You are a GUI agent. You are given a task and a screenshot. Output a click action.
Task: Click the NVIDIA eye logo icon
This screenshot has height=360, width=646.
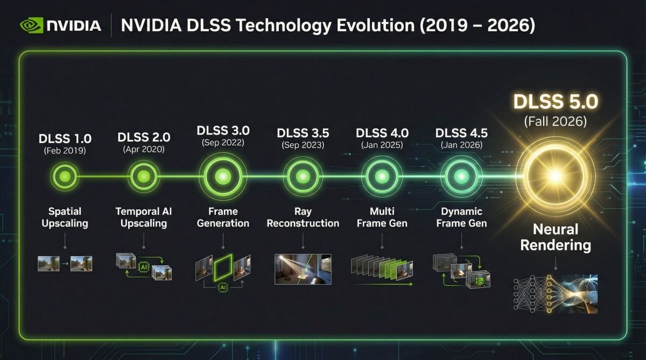(x=31, y=25)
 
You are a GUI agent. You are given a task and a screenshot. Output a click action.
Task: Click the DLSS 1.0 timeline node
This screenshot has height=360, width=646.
(x=65, y=177)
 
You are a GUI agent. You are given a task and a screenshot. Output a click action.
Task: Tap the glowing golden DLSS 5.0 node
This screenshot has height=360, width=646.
(x=556, y=176)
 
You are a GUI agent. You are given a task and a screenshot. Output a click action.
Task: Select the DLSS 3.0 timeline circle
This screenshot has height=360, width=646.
(x=223, y=177)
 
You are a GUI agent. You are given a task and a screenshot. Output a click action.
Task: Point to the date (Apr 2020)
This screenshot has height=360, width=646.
(x=144, y=149)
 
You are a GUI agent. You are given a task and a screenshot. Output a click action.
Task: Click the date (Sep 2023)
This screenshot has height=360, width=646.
(x=303, y=145)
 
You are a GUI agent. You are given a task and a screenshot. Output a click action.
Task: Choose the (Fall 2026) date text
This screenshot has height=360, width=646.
(x=556, y=121)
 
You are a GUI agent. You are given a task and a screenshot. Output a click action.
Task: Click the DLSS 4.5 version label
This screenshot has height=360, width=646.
(x=461, y=133)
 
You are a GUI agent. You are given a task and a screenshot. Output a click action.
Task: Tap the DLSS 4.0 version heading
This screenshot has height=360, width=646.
(x=382, y=133)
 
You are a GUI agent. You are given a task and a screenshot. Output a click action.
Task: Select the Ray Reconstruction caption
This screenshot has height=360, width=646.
(x=303, y=217)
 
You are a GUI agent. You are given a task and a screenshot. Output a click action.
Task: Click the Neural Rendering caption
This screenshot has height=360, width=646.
(x=556, y=237)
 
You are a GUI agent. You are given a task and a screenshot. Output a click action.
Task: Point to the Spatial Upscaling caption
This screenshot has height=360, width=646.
(x=65, y=217)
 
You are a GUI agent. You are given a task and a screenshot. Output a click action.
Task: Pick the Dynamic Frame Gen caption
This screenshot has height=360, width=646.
(x=461, y=217)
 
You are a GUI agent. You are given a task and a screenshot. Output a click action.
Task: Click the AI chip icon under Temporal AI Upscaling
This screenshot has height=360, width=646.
(x=144, y=267)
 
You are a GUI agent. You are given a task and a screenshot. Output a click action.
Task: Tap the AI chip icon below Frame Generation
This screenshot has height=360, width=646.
(x=223, y=287)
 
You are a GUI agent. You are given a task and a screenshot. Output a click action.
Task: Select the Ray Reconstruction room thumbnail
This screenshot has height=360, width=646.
(x=303, y=269)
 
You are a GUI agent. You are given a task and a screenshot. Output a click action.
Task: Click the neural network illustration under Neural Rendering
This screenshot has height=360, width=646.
(x=556, y=294)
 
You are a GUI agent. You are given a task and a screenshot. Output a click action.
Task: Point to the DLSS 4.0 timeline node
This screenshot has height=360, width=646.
(x=382, y=177)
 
